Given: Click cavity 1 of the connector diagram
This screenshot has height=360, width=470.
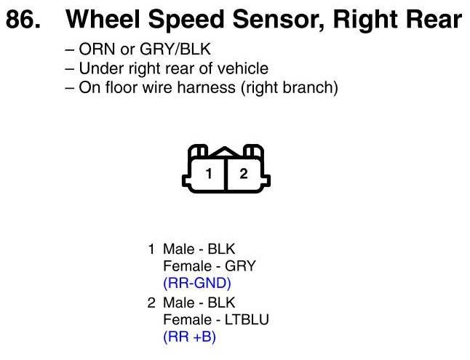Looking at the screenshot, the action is (x=209, y=174).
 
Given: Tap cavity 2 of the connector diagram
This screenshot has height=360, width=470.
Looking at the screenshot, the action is (x=244, y=174).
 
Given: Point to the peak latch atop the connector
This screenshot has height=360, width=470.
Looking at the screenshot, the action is (x=226, y=152).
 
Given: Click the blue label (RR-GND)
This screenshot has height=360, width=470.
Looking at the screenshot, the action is (x=197, y=283).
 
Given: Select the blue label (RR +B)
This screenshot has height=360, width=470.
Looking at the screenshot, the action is (x=190, y=337).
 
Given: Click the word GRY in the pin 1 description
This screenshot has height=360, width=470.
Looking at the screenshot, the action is (x=240, y=265).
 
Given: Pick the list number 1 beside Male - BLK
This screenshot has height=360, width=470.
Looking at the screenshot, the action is (x=151, y=249).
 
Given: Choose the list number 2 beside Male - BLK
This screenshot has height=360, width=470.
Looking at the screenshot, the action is (x=151, y=303).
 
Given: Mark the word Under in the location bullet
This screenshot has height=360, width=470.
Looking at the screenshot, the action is (x=97, y=70).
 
